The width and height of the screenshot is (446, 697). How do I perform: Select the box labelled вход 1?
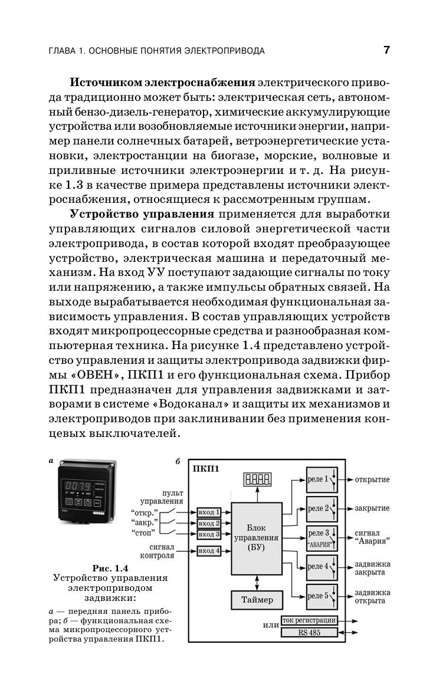point(209,512)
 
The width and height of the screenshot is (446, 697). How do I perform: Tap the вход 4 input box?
point(209,551)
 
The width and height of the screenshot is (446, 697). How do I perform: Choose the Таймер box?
point(257,600)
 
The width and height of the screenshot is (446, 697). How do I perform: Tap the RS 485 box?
point(309,633)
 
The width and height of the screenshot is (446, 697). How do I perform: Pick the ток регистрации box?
point(309,620)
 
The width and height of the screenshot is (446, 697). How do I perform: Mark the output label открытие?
point(372,479)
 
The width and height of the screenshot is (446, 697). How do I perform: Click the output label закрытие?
point(372,508)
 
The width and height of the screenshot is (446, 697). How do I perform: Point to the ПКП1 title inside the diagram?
point(206,469)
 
